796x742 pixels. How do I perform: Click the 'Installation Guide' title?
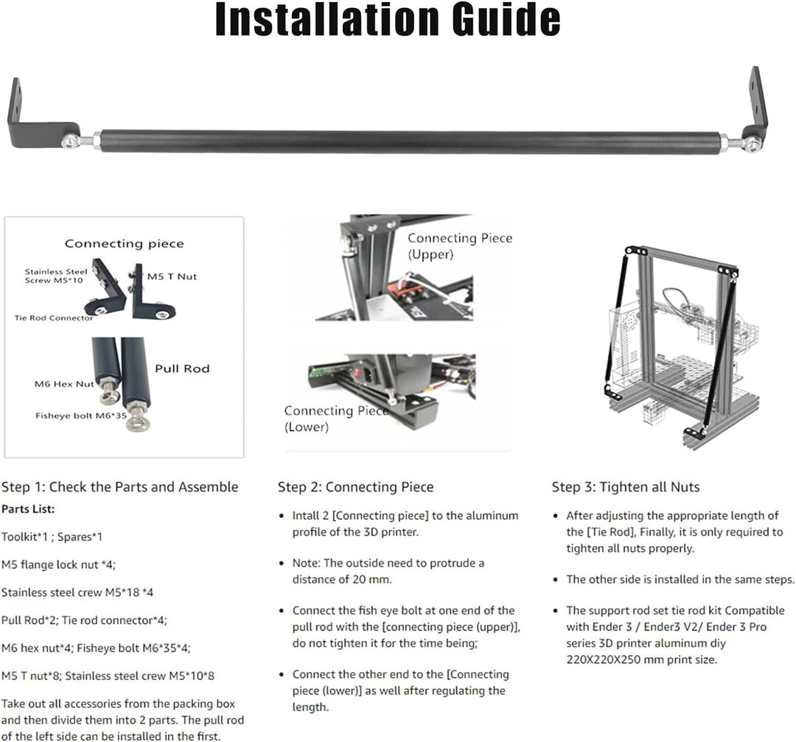388,20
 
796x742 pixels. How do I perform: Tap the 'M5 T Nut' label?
172,276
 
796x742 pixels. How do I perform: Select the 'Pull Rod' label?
182,368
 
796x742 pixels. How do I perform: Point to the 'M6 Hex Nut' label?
64,384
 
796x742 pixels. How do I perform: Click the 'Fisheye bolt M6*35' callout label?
81,416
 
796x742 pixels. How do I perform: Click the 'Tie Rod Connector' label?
54,318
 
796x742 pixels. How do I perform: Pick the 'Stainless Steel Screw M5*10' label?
56,276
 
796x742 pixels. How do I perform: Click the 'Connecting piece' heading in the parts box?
125,244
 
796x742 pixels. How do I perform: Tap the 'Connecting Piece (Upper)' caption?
460,246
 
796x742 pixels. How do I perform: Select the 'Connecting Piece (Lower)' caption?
336,419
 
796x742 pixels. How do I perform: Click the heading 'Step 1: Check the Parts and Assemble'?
120,487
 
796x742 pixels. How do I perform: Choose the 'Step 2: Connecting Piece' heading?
355,487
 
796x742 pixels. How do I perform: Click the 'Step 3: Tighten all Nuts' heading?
626,487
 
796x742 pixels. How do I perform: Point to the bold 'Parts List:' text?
28,509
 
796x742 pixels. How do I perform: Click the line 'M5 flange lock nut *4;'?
58,565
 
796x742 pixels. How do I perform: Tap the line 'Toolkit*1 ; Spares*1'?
52,537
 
